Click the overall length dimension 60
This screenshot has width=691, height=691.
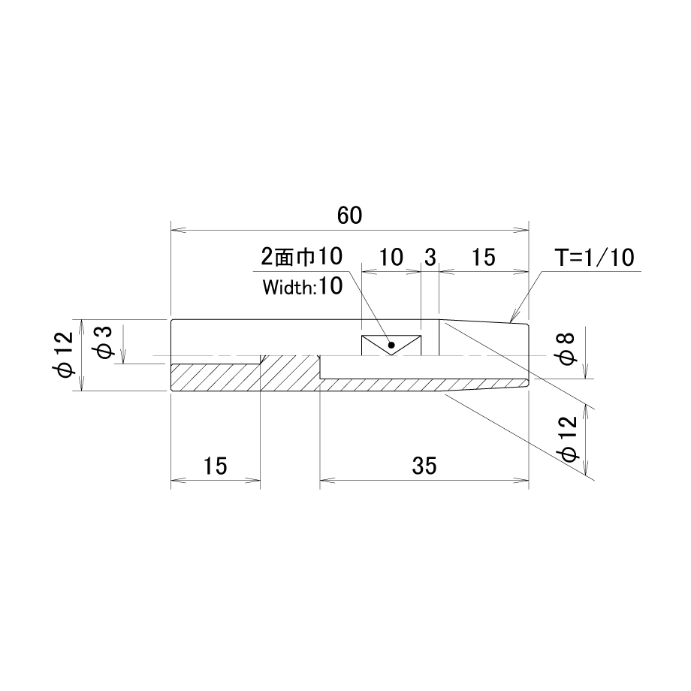349,216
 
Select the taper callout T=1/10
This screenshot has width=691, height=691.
595,258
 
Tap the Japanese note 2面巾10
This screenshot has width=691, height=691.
302,256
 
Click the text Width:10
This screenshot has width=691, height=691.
303,287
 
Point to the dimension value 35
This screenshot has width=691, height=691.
424,466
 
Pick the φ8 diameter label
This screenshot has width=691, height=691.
567,349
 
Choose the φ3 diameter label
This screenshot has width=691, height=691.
103,342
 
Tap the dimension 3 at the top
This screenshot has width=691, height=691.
430,258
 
